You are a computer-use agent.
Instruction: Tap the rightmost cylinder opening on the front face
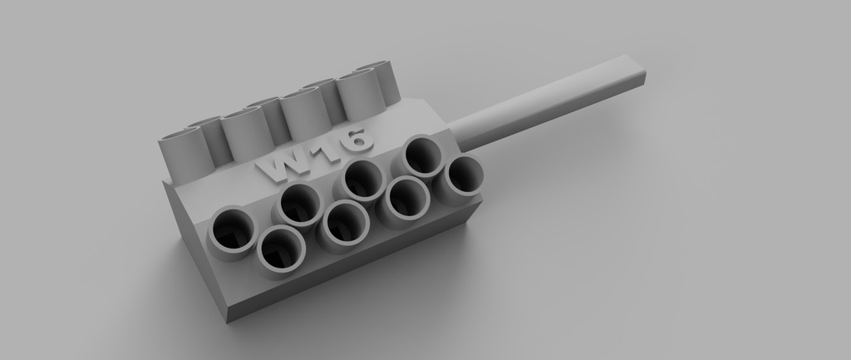[x=463, y=177]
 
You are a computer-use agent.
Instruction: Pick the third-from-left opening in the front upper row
[x=362, y=180]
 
